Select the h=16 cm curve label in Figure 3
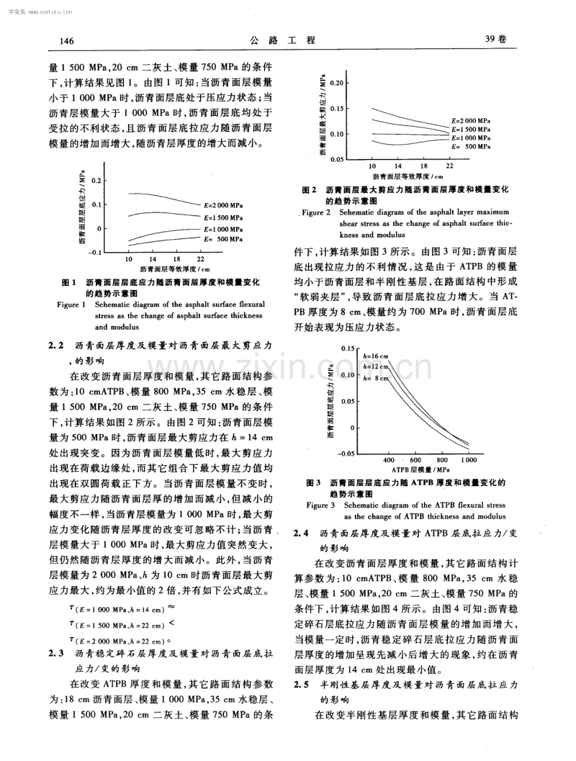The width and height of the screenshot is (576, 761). pos(375,356)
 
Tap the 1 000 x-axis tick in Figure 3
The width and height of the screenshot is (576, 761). pos(469,459)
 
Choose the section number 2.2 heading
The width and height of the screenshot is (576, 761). pos(57,346)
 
